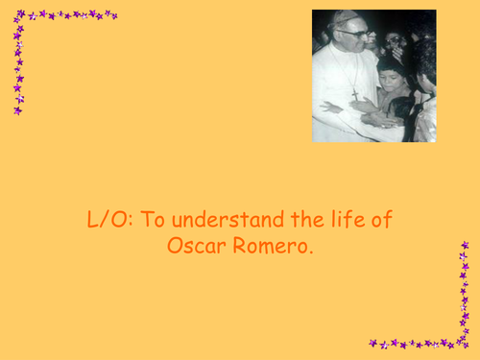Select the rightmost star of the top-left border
pyautogui.click(x=113, y=14)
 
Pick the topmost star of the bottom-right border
pyautogui.click(x=465, y=246)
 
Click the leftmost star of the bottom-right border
pyautogui.click(x=372, y=343)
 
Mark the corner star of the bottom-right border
pyautogui.click(x=465, y=342)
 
